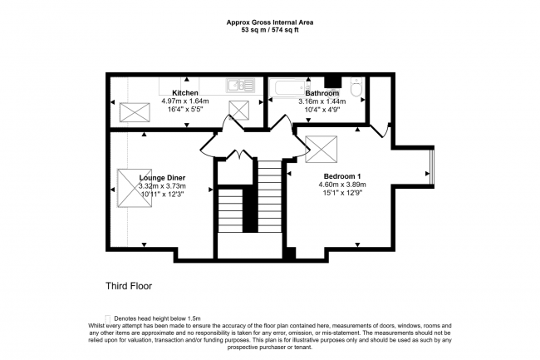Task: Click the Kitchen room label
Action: point(184,91)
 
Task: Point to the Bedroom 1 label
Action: point(341,175)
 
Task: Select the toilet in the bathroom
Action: point(356,86)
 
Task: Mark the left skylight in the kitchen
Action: point(132,111)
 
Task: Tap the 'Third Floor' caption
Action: point(129,286)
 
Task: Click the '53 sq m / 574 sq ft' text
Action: point(270,30)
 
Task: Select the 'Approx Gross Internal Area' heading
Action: point(270,22)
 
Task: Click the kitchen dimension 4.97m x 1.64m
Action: point(184,101)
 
